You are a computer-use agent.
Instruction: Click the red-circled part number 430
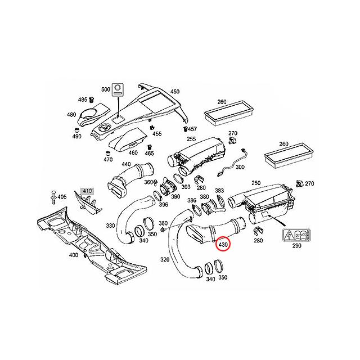pos(223,245)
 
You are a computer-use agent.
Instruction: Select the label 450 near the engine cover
pos(175,92)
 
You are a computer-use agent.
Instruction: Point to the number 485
pos(82,99)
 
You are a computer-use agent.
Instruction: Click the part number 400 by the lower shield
pos(74,255)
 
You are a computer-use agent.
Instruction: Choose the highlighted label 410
pos(87,191)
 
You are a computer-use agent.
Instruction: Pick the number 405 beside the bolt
pos(62,196)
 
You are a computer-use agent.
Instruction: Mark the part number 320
pos(165,260)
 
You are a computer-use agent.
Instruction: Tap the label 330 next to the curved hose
pos(110,225)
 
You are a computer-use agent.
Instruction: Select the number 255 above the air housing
pos(192,138)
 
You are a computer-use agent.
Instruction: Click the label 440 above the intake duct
pos(126,164)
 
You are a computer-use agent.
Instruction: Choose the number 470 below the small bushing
pos(108,159)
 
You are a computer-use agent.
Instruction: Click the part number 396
pos(164,206)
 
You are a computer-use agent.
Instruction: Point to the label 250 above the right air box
pos(256,183)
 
